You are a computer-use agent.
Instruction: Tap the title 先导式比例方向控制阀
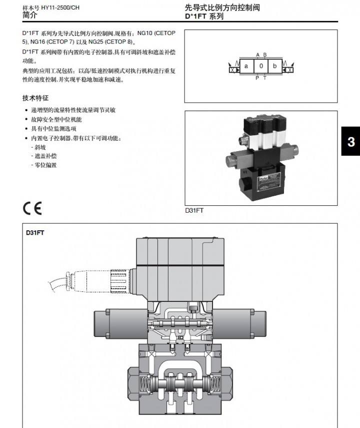point(222,8)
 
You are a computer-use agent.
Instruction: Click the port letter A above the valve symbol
point(257,55)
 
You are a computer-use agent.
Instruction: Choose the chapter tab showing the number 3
point(351,142)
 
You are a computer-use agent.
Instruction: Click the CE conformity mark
point(32,208)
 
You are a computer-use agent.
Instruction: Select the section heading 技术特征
point(35,98)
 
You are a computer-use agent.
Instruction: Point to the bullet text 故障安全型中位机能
point(56,119)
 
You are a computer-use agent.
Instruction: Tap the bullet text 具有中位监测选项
point(53,129)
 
